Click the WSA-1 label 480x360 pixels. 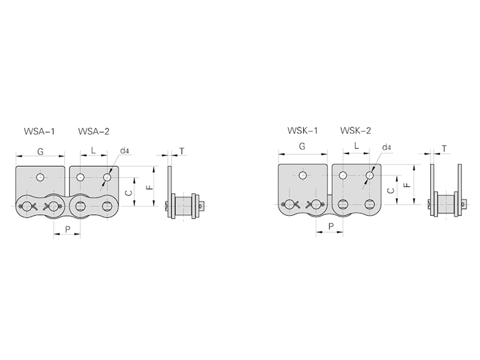(39, 131)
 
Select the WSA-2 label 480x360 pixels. (94, 131)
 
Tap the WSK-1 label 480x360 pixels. (302, 131)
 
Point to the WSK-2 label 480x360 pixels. (355, 131)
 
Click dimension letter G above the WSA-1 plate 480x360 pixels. (40, 151)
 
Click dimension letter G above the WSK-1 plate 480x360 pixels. (302, 146)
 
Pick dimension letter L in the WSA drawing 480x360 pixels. (94, 151)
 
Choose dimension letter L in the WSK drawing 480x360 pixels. (356, 146)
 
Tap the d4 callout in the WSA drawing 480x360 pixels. (124, 151)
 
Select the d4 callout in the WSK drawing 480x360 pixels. (386, 147)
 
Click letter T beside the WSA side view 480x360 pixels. (182, 151)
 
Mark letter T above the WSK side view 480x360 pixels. (444, 149)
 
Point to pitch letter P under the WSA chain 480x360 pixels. (68, 229)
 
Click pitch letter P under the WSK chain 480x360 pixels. (331, 227)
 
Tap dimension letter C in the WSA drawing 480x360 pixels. (130, 193)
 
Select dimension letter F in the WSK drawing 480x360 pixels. (407, 185)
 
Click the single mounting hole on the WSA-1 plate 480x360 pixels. (40, 177)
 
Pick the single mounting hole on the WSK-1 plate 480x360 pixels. (302, 175)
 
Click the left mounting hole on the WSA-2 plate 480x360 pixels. (80, 177)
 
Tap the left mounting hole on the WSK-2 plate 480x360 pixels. (343, 175)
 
